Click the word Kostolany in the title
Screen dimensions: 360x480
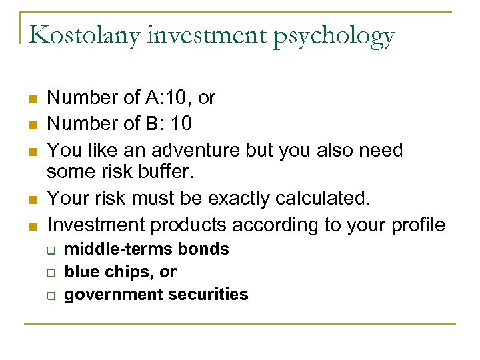(x=87, y=35)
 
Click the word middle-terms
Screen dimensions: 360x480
(x=119, y=249)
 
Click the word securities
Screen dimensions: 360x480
(x=204, y=294)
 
